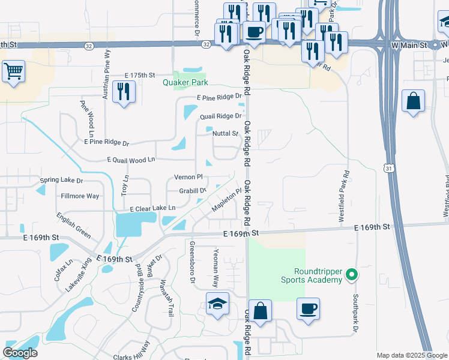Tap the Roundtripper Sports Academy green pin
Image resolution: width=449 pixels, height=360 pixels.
pos(352,276)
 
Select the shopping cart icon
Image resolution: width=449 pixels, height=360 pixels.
pos(13,72)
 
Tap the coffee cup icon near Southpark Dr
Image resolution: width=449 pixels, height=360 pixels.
pos(308,309)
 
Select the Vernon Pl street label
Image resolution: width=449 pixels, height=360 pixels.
pos(188,177)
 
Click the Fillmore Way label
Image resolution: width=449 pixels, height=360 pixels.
pos(80,196)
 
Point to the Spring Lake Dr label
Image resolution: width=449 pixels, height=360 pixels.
pos(61,180)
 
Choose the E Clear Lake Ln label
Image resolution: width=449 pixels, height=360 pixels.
pos(152,208)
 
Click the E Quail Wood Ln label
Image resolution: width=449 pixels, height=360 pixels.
pos(131,160)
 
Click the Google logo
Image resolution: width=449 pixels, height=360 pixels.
pos(20,353)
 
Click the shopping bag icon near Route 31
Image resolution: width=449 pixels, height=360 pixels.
pos(414,101)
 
